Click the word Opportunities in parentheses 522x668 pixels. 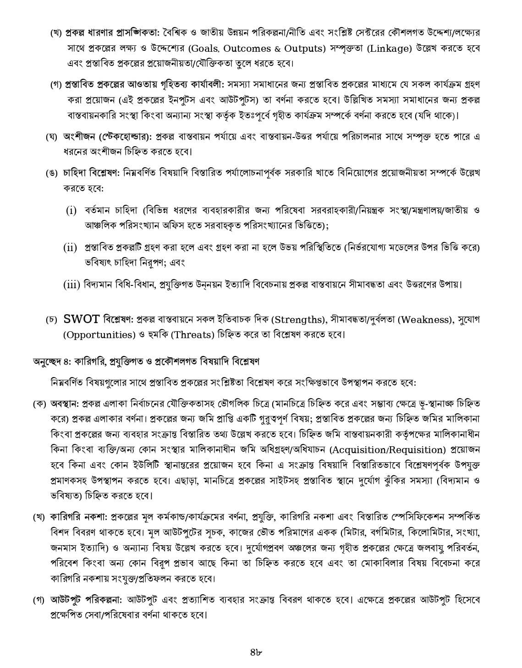click(x=98, y=334)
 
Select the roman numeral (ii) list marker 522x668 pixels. click(x=70, y=248)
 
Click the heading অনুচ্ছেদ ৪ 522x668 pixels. click(x=49, y=361)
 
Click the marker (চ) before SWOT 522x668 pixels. click(x=51, y=320)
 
